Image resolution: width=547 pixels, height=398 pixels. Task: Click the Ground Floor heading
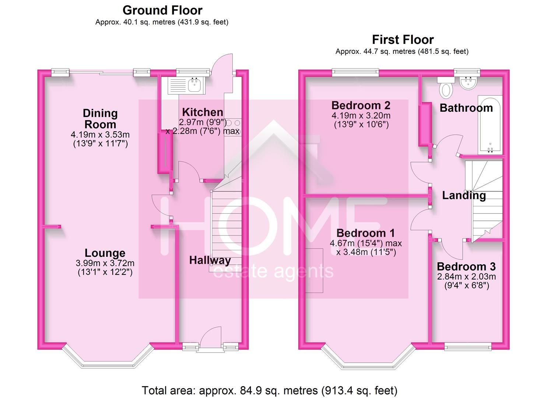click(162, 11)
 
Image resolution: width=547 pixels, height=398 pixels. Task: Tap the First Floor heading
click(403, 39)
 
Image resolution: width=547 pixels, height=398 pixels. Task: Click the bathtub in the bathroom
click(490, 125)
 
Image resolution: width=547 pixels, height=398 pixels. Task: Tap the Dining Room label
click(100, 119)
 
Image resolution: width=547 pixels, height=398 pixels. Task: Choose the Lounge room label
click(105, 253)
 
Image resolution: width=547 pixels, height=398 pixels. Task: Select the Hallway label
click(210, 261)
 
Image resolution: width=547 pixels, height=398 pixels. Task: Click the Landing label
click(464, 195)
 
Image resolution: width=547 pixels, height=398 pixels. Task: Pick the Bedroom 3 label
click(466, 266)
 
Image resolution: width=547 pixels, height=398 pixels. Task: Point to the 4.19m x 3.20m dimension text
click(361, 116)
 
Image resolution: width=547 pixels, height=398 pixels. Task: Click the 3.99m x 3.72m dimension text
click(105, 263)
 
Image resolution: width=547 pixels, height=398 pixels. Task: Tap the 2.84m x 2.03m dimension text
click(466, 277)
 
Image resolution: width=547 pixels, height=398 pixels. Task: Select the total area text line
click(270, 390)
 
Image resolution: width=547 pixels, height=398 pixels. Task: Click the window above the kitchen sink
click(193, 71)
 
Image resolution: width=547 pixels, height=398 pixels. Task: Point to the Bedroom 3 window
click(468, 346)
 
